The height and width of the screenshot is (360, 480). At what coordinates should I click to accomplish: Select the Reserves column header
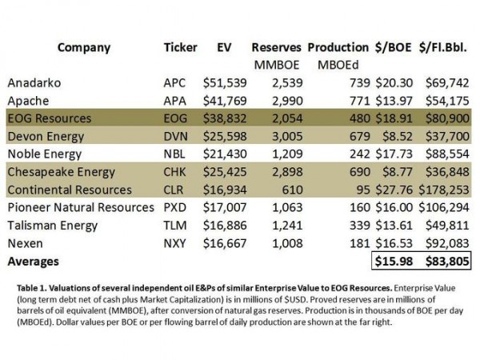(276, 46)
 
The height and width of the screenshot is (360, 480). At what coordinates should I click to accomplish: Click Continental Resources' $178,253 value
(444, 190)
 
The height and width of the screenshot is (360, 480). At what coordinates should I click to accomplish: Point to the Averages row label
(34, 261)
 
